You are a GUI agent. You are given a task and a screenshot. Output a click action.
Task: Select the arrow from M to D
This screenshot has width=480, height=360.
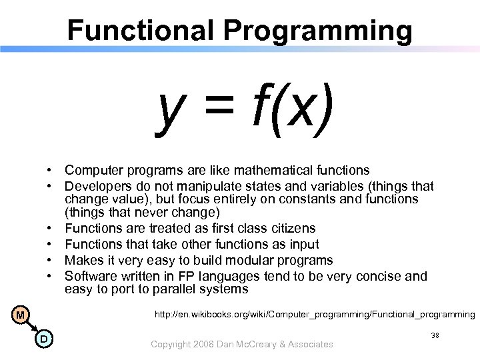31,327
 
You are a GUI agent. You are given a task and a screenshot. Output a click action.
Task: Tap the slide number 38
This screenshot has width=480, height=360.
434,337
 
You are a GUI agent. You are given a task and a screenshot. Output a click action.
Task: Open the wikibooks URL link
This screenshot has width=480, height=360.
315,314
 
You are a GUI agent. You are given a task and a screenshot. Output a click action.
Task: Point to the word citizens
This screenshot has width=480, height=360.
291,229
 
